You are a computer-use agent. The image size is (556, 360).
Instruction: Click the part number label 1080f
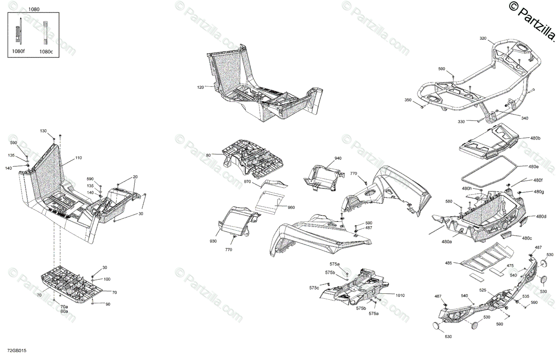pyautogui.click(x=19, y=51)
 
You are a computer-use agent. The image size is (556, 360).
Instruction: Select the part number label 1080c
pyautogui.click(x=46, y=51)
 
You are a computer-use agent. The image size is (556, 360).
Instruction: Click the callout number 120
pyautogui.click(x=200, y=87)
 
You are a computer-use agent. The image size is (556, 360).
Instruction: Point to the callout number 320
pyautogui.click(x=483, y=38)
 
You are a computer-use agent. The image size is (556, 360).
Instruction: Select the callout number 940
pyautogui.click(x=338, y=158)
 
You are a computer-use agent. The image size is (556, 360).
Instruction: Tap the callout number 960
pyautogui.click(x=291, y=208)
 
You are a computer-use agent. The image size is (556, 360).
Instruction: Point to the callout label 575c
pyautogui.click(x=315, y=288)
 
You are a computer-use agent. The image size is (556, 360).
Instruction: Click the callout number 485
pyautogui.click(x=448, y=263)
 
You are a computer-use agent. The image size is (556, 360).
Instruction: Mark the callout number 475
pyautogui.click(x=510, y=265)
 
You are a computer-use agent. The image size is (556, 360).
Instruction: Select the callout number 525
pyautogui.click(x=482, y=291)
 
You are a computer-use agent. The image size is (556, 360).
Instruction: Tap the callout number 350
pyautogui.click(x=408, y=100)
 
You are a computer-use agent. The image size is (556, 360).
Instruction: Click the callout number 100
pyautogui.click(x=107, y=279)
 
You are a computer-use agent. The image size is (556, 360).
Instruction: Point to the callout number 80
pyautogui.click(x=208, y=155)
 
